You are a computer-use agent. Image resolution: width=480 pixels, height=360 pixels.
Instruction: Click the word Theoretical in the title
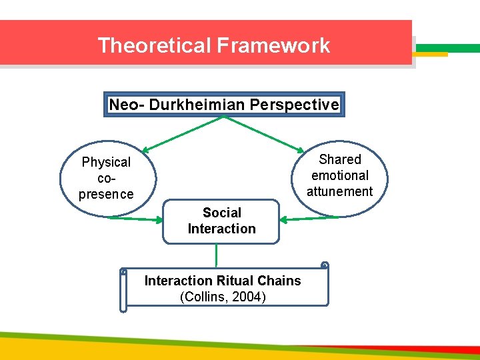pyautogui.click(x=154, y=45)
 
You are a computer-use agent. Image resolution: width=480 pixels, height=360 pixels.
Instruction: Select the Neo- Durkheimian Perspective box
pyautogui.click(x=224, y=105)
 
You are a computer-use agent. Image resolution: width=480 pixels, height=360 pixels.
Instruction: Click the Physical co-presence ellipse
pyautogui.click(x=107, y=179)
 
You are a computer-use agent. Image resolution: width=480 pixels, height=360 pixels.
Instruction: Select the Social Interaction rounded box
pyautogui.click(x=221, y=221)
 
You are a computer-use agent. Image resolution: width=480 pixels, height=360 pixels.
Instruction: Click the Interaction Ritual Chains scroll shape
pyautogui.click(x=223, y=288)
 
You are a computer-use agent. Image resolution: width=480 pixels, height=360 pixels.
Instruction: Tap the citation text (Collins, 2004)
pyautogui.click(x=223, y=297)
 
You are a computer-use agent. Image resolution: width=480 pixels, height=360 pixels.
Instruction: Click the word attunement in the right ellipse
pyautogui.click(x=340, y=191)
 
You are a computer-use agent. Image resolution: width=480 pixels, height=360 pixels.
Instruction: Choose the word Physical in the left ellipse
pyautogui.click(x=106, y=162)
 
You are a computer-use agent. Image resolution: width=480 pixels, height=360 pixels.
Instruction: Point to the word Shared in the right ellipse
pyautogui.click(x=340, y=159)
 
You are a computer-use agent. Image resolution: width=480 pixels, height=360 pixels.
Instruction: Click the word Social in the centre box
pyautogui.click(x=221, y=213)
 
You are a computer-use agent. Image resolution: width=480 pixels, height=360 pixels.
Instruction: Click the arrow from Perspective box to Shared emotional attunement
pyautogui.click(x=265, y=134)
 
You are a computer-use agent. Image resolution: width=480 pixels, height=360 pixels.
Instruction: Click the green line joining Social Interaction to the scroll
pyautogui.click(x=217, y=255)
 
